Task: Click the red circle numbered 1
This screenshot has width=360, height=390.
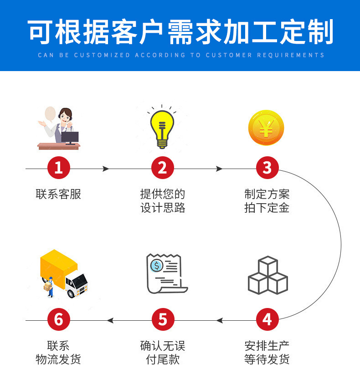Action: pyautogui.click(x=58, y=168)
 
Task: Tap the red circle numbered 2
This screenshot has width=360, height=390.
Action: pyautogui.click(x=163, y=168)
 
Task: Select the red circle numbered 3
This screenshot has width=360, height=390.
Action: pyautogui.click(x=267, y=168)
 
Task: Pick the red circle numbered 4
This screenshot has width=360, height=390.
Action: pyautogui.click(x=267, y=319)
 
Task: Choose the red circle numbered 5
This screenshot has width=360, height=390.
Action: pyautogui.click(x=163, y=319)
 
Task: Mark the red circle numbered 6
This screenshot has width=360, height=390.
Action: pyautogui.click(x=58, y=319)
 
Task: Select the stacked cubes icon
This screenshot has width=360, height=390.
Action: pyautogui.click(x=267, y=275)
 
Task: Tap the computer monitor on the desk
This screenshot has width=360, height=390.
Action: pyautogui.click(x=70, y=136)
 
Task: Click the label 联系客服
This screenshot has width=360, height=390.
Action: pyautogui.click(x=58, y=194)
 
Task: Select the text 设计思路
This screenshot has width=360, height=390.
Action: pyautogui.click(x=163, y=208)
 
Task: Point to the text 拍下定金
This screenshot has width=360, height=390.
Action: pyautogui.click(x=267, y=208)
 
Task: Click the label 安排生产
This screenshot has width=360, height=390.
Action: pyautogui.click(x=267, y=345)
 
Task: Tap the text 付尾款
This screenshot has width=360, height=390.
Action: pyautogui.click(x=163, y=359)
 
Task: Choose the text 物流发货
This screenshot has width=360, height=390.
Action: pyautogui.click(x=58, y=359)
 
